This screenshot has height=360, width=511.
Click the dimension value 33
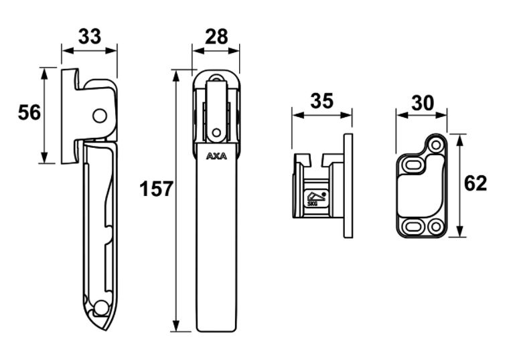tap(89, 36)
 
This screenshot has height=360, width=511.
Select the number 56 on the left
tap(29, 112)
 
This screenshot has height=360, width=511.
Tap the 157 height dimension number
tap(156, 189)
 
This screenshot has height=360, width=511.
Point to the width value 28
tap(216, 36)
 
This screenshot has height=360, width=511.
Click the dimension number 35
tap(321, 102)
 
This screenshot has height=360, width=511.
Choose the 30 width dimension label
tap(422, 102)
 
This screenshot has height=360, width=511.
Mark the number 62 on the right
tap(475, 183)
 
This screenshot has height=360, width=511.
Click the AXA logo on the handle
tap(216, 158)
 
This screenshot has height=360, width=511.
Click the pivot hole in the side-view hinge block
tap(100, 116)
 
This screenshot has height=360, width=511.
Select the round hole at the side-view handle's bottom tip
tap(101, 308)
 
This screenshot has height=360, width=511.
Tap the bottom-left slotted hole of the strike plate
tap(413, 226)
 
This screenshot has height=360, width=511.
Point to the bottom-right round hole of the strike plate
tap(436, 227)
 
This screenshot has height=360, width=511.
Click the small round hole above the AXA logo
tap(216, 131)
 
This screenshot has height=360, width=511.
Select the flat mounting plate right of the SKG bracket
tap(348, 185)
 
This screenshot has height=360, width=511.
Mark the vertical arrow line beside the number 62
tap(459, 185)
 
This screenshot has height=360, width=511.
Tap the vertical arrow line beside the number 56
tap(45, 114)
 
